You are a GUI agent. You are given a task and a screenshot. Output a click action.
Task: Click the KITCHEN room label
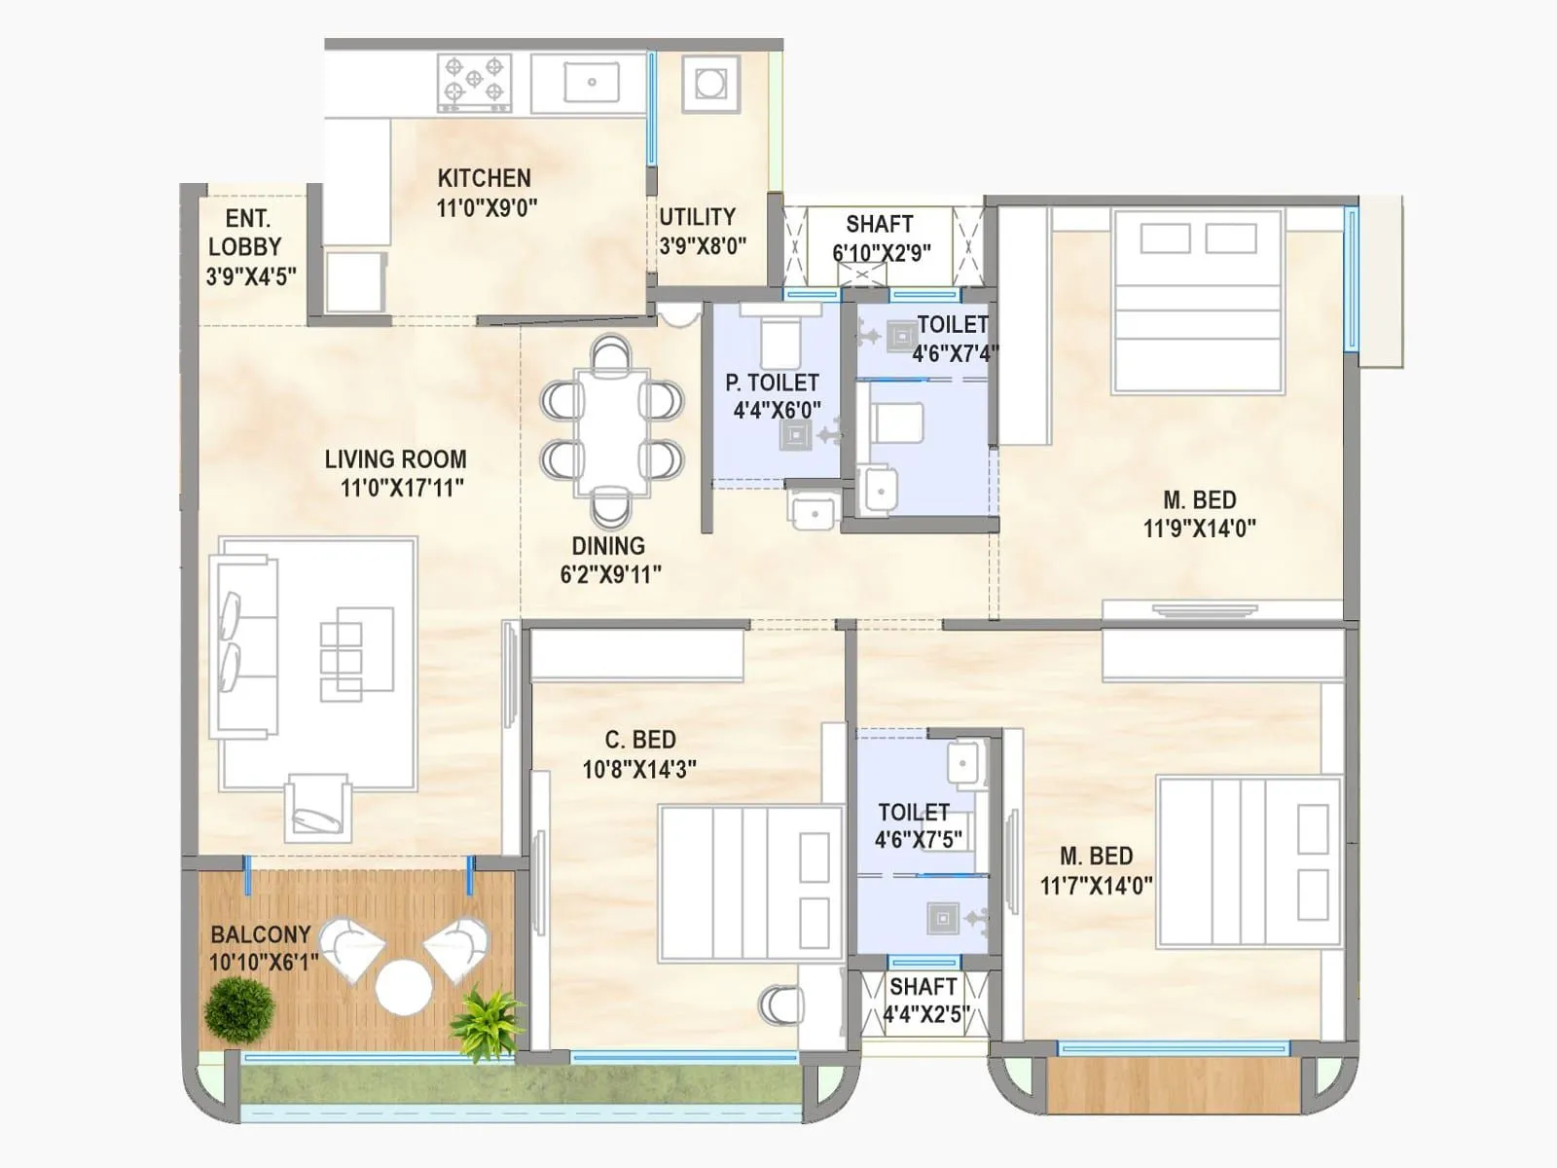click(x=484, y=179)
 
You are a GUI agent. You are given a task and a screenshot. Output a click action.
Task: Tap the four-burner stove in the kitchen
click(x=474, y=80)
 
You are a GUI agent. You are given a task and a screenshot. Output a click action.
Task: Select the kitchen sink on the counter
click(x=591, y=82)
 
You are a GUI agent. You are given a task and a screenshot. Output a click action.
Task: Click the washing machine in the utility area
click(x=710, y=83)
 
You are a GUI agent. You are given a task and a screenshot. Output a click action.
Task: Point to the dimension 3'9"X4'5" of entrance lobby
click(x=251, y=277)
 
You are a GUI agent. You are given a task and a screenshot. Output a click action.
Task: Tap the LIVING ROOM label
click(x=395, y=459)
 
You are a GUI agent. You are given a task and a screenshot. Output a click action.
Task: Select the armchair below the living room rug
click(x=317, y=808)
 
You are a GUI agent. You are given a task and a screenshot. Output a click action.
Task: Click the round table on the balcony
click(x=404, y=987)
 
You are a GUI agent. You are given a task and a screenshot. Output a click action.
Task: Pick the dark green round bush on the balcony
click(x=238, y=1008)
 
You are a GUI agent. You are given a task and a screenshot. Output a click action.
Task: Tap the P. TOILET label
click(x=772, y=383)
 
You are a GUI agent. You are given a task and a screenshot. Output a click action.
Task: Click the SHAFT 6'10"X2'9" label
click(x=880, y=238)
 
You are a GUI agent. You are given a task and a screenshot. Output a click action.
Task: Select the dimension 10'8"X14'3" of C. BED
click(x=639, y=770)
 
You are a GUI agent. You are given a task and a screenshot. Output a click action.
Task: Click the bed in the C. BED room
click(x=749, y=884)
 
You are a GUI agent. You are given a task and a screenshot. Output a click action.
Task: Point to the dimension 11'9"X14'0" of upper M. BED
click(x=1199, y=529)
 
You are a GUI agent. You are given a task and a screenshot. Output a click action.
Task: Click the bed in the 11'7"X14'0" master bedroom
click(x=1249, y=861)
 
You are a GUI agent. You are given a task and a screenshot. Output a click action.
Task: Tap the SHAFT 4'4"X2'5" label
click(x=923, y=1001)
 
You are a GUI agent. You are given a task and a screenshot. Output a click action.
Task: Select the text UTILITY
click(x=697, y=217)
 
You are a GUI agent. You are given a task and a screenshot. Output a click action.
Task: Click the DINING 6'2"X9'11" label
click(x=610, y=560)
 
